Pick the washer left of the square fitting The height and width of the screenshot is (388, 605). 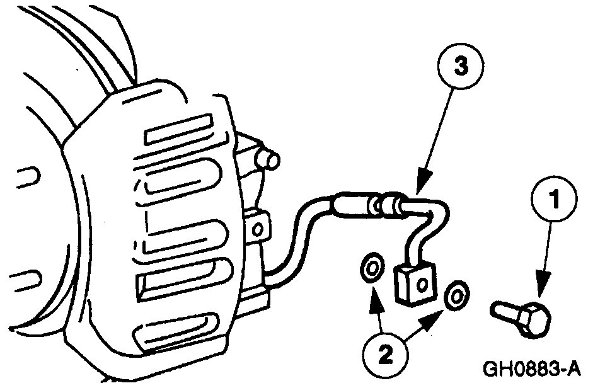(x=371, y=267)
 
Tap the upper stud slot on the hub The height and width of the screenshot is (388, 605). (x=25, y=179)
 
